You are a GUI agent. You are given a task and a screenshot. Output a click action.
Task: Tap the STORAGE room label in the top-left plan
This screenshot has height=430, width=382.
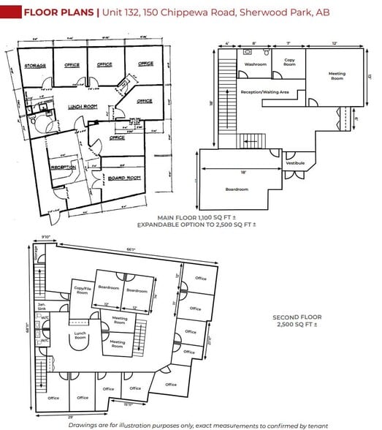coord(35,66)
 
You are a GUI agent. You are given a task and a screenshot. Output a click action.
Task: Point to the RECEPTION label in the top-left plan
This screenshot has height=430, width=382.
coord(64,167)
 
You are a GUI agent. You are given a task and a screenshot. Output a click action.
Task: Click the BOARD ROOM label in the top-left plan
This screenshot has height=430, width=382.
coord(124,177)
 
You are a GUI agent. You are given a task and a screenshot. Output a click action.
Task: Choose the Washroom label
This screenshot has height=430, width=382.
coord(256,64)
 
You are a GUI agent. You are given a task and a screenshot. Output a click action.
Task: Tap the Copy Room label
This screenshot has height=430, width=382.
coord(289,62)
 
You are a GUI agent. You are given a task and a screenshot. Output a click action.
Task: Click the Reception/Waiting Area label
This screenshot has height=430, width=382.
coord(265,92)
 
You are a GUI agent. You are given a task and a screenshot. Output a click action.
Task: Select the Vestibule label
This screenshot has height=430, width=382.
coord(296,162)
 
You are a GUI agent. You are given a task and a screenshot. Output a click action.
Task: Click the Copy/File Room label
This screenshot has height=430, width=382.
coord(83,290)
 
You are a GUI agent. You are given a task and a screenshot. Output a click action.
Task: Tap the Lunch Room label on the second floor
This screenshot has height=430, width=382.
coord(80,336)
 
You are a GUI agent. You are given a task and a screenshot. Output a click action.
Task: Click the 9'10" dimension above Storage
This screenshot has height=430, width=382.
coord(45,236)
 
